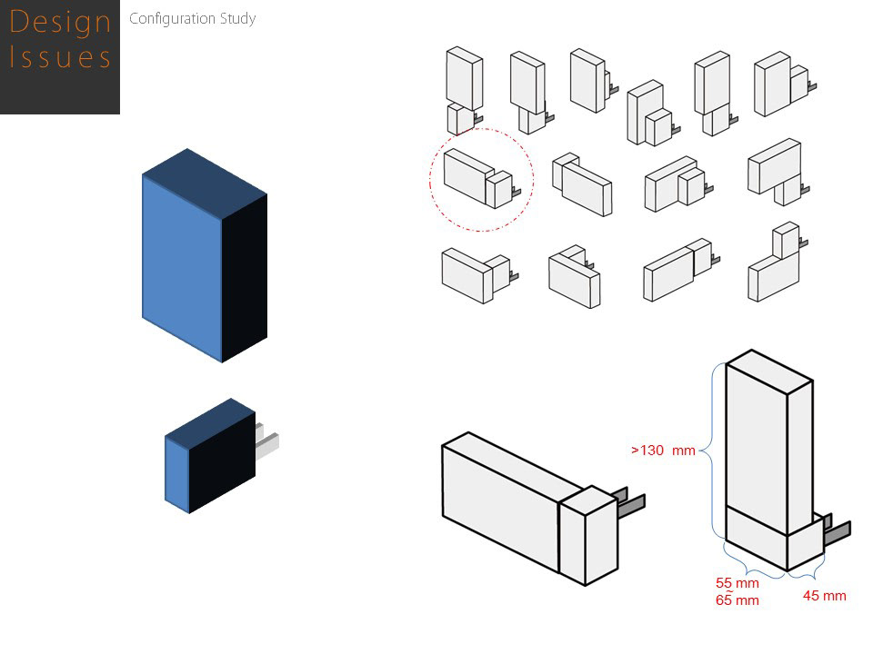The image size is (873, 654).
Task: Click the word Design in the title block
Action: coord(59,22)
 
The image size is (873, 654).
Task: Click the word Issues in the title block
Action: coord(59,57)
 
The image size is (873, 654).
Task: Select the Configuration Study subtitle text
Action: coord(192,18)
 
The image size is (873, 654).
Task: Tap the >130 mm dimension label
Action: coord(663,450)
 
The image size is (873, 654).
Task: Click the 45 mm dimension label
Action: coord(824,596)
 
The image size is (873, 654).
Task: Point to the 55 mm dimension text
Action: coord(737,583)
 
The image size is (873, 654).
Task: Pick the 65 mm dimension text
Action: coord(737,600)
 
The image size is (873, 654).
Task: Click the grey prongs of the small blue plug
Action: coord(267,441)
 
